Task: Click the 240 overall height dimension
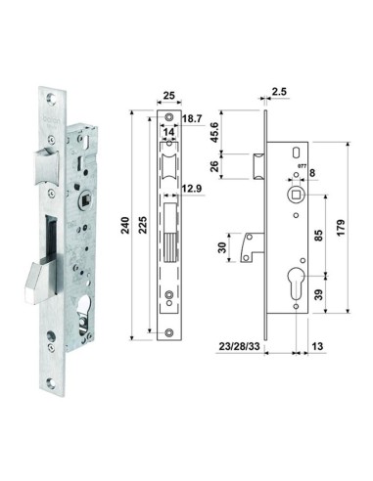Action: coord(125,225)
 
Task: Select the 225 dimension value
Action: coord(143,225)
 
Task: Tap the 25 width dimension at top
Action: coord(169,96)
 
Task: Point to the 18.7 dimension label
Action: coord(192,118)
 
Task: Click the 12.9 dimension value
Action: coord(192,189)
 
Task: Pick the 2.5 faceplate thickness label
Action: coord(279,92)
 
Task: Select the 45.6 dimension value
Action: coord(214,132)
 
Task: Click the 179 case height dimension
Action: coord(341,228)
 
